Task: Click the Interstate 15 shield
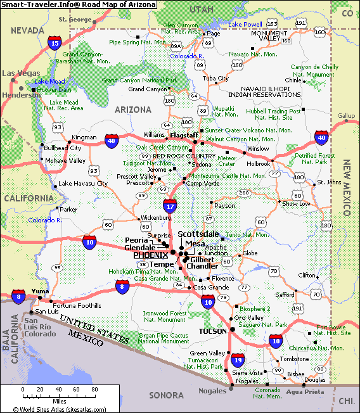click(55, 43)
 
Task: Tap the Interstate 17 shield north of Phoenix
click(169, 205)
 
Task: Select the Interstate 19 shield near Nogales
click(236, 360)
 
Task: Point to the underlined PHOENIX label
click(151, 255)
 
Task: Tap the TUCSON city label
click(212, 331)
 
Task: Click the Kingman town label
click(84, 137)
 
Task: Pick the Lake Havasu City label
click(83, 184)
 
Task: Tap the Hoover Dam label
click(53, 89)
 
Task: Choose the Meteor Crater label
click(226, 160)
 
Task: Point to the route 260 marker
click(244, 193)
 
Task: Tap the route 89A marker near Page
click(176, 46)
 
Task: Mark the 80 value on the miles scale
click(94, 389)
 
